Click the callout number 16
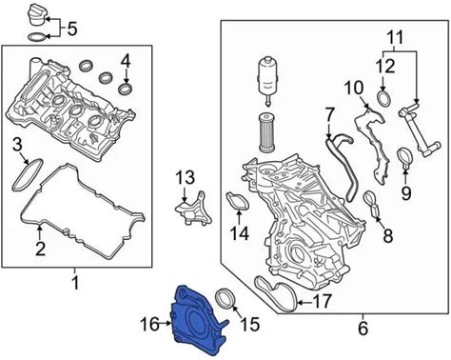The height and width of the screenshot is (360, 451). [x=149, y=324]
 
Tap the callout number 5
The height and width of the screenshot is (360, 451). [x=72, y=30]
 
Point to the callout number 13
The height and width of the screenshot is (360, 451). [x=186, y=178]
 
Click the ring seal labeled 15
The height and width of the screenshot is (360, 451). [x=226, y=298]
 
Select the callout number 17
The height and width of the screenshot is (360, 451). [x=322, y=301]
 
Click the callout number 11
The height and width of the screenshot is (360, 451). [x=395, y=38]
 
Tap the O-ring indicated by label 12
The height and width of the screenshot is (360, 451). [x=384, y=98]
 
